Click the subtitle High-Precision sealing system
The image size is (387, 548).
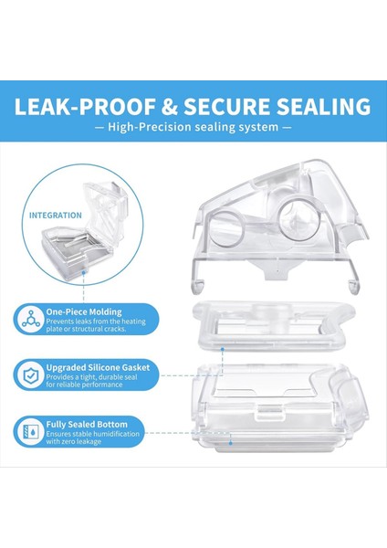pyautogui.click(x=193, y=128)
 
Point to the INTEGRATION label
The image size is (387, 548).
pyautogui.click(x=55, y=216)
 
